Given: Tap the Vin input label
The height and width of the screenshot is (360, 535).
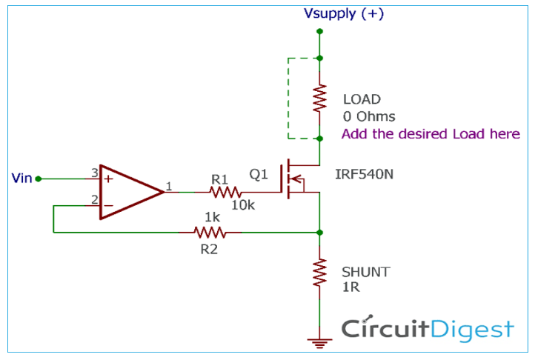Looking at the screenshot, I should click(22, 178).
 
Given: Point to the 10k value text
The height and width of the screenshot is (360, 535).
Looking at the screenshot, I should click(242, 205).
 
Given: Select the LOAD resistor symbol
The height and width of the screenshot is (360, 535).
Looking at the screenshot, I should click(319, 99).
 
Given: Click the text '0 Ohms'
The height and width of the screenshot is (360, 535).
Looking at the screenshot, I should click(368, 116).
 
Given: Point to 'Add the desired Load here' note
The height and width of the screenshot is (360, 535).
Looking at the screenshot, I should click(431, 134).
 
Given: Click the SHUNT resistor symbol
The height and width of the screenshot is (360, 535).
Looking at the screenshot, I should click(319, 272).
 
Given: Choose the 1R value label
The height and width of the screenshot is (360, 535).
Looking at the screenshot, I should click(350, 287).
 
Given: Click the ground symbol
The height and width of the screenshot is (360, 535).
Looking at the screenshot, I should click(319, 342).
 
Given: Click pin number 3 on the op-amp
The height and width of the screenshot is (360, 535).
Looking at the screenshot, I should click(94, 172).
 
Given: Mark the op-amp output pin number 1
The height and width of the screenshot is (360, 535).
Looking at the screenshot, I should click(170, 187).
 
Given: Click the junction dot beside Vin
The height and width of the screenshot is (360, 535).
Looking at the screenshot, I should click(39, 179).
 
